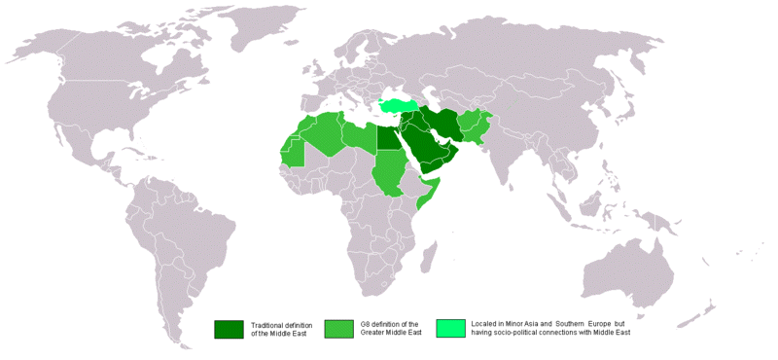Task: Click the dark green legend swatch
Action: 229,329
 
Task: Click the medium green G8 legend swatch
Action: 339,329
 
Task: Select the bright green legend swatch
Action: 450,329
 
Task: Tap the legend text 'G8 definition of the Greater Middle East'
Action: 389,329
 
